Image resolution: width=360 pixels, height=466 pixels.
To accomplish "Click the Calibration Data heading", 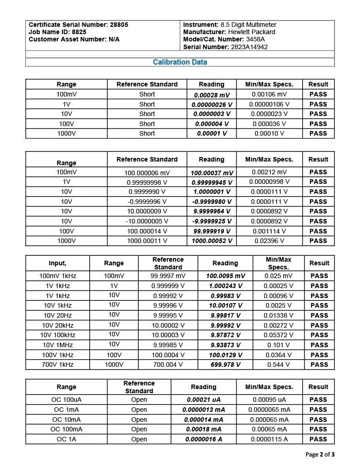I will tap(180, 62).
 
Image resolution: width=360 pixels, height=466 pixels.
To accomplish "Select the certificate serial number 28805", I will tap(119, 25).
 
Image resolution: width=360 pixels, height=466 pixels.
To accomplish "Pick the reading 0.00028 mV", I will tap(212, 95).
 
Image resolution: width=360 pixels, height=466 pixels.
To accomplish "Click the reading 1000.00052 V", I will tap(212, 241).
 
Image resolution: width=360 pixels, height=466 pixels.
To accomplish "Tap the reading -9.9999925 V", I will tap(212, 221).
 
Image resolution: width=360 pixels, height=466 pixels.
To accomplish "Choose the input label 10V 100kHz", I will tap(57, 335).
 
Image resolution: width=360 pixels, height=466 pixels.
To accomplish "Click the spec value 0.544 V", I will tap(278, 365).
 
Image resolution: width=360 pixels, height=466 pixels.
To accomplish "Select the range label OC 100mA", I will tap(66, 429).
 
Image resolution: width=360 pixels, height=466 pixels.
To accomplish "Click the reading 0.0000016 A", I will tap(203, 439).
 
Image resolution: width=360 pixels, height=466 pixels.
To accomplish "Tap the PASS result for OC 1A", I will tap(318, 439).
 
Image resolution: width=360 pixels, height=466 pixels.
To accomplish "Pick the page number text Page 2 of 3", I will tap(320, 454).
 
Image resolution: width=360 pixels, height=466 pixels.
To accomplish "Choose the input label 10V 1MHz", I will tap(57, 345).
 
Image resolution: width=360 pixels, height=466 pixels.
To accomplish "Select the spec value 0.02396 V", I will tap(269, 241).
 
